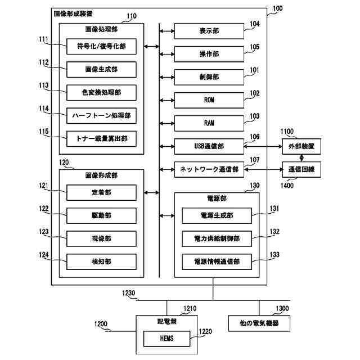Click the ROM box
(x=209, y=100)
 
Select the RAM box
(x=209, y=123)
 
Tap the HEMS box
(x=167, y=339)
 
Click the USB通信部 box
(x=209, y=146)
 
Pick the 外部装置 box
(x=301, y=146)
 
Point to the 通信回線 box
(x=301, y=169)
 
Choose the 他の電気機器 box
(x=259, y=323)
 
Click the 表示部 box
(x=209, y=31)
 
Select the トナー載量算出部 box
(x=101, y=139)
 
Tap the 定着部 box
(x=101, y=192)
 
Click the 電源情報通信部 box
(x=217, y=262)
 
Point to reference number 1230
(x=129, y=293)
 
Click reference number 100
(x=277, y=8)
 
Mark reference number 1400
(x=287, y=185)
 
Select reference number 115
(x=44, y=132)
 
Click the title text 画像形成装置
(x=73, y=13)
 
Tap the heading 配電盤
(x=167, y=321)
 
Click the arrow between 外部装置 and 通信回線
(x=301, y=158)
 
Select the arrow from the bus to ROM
(x=167, y=100)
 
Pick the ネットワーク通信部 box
(x=209, y=169)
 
